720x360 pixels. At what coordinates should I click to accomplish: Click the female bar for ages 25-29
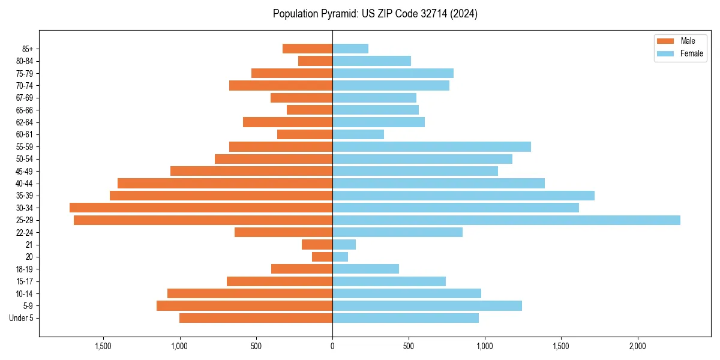point(506,220)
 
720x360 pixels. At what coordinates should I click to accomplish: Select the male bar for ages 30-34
point(201,208)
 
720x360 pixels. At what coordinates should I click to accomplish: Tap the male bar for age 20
point(322,257)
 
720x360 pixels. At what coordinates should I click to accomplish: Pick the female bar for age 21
point(344,245)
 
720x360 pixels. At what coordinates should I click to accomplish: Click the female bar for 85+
point(350,49)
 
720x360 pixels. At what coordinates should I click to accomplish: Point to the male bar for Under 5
point(256,318)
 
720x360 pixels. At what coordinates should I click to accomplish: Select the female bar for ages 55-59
point(431,146)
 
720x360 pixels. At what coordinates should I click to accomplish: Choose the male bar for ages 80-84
point(316,61)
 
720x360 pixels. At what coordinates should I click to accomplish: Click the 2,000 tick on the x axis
point(638,346)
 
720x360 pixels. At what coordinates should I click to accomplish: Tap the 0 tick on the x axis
point(332,346)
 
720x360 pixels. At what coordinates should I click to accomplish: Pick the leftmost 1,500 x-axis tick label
point(103,346)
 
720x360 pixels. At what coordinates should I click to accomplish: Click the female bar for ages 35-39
point(463,196)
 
